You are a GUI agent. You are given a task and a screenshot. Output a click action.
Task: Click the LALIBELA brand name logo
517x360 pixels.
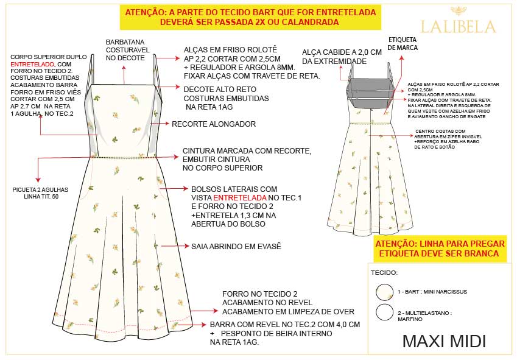459,27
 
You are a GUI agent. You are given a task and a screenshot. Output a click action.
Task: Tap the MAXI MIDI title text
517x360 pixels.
444,341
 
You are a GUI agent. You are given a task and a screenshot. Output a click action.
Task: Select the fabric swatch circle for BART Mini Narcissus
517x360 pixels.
385,292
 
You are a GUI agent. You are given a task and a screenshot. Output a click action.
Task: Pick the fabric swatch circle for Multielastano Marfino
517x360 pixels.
385,312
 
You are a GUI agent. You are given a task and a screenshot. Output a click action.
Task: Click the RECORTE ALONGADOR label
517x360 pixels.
214,124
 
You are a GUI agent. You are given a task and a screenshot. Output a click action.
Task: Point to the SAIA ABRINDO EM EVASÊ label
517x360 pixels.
236,246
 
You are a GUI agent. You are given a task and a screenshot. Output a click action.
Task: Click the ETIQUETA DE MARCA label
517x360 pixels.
403,43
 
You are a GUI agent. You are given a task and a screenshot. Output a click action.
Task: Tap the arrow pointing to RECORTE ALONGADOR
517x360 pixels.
160,124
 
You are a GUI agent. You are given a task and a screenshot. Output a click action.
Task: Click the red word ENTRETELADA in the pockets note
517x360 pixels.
240,198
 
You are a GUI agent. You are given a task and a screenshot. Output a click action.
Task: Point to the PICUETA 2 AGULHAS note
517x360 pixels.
41,193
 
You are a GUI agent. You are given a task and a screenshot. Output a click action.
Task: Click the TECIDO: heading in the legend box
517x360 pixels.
384,273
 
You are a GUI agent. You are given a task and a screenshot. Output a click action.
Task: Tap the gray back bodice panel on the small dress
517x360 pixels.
370,93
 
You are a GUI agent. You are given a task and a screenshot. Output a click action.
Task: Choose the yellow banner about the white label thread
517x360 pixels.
440,249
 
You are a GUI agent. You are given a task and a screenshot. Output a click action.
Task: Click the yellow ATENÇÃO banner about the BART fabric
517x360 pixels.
250,17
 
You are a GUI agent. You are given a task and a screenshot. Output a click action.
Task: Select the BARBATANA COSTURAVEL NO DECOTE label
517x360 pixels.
128,50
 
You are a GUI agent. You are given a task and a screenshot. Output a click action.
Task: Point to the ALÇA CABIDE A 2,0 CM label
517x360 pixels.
342,57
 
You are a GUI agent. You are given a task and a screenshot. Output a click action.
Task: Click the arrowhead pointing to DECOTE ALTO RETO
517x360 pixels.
178,87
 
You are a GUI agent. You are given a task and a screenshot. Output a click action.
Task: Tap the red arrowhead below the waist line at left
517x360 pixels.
38,180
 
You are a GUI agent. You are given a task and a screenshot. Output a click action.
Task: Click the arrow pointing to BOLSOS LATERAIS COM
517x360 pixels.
174,189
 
